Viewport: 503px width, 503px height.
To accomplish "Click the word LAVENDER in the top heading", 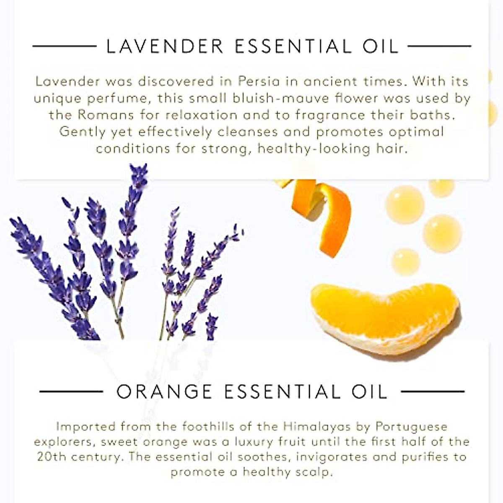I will (165, 46).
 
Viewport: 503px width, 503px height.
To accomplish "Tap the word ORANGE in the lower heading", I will (164, 392).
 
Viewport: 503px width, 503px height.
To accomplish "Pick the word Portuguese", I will (411, 427).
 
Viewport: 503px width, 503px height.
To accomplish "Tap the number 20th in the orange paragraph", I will (52, 456).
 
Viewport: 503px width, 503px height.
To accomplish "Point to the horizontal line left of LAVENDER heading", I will (65, 46).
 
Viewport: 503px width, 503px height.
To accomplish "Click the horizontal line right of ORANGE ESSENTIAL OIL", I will (432, 392).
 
